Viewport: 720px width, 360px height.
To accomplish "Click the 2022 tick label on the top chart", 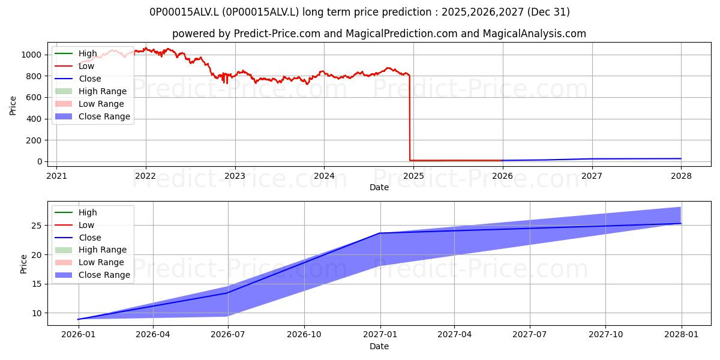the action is click(145, 176).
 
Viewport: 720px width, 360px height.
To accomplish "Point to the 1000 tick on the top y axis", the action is click(31, 55).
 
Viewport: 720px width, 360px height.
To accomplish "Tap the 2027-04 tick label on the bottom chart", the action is click(454, 335).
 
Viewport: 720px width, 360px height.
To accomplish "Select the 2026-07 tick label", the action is click(227, 335).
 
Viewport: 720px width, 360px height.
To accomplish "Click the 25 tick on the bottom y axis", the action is click(37, 226).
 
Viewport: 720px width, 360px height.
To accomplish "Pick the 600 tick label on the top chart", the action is click(34, 97).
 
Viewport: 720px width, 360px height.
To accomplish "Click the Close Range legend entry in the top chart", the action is click(92, 116).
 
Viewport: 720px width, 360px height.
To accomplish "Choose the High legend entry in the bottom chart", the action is click(76, 212).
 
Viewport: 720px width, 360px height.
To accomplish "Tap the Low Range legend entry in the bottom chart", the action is click(89, 262).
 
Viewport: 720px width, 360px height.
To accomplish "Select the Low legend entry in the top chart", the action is click(74, 66).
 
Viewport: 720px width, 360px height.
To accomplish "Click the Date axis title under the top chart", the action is click(379, 187).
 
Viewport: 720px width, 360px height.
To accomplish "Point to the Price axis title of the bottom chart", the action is click(23, 264).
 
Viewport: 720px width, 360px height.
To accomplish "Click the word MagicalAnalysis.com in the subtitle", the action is click(534, 34).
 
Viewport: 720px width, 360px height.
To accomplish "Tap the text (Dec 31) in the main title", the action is click(548, 12).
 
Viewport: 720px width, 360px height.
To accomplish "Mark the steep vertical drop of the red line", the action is click(410, 118).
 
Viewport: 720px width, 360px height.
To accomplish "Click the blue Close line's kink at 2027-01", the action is click(380, 233).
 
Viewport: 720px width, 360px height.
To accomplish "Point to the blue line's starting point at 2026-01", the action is click(78, 319).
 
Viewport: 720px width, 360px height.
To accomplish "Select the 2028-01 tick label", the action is click(681, 335).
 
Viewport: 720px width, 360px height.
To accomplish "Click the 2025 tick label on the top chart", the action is click(413, 176).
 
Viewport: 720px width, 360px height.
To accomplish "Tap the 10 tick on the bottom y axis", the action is click(37, 313).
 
